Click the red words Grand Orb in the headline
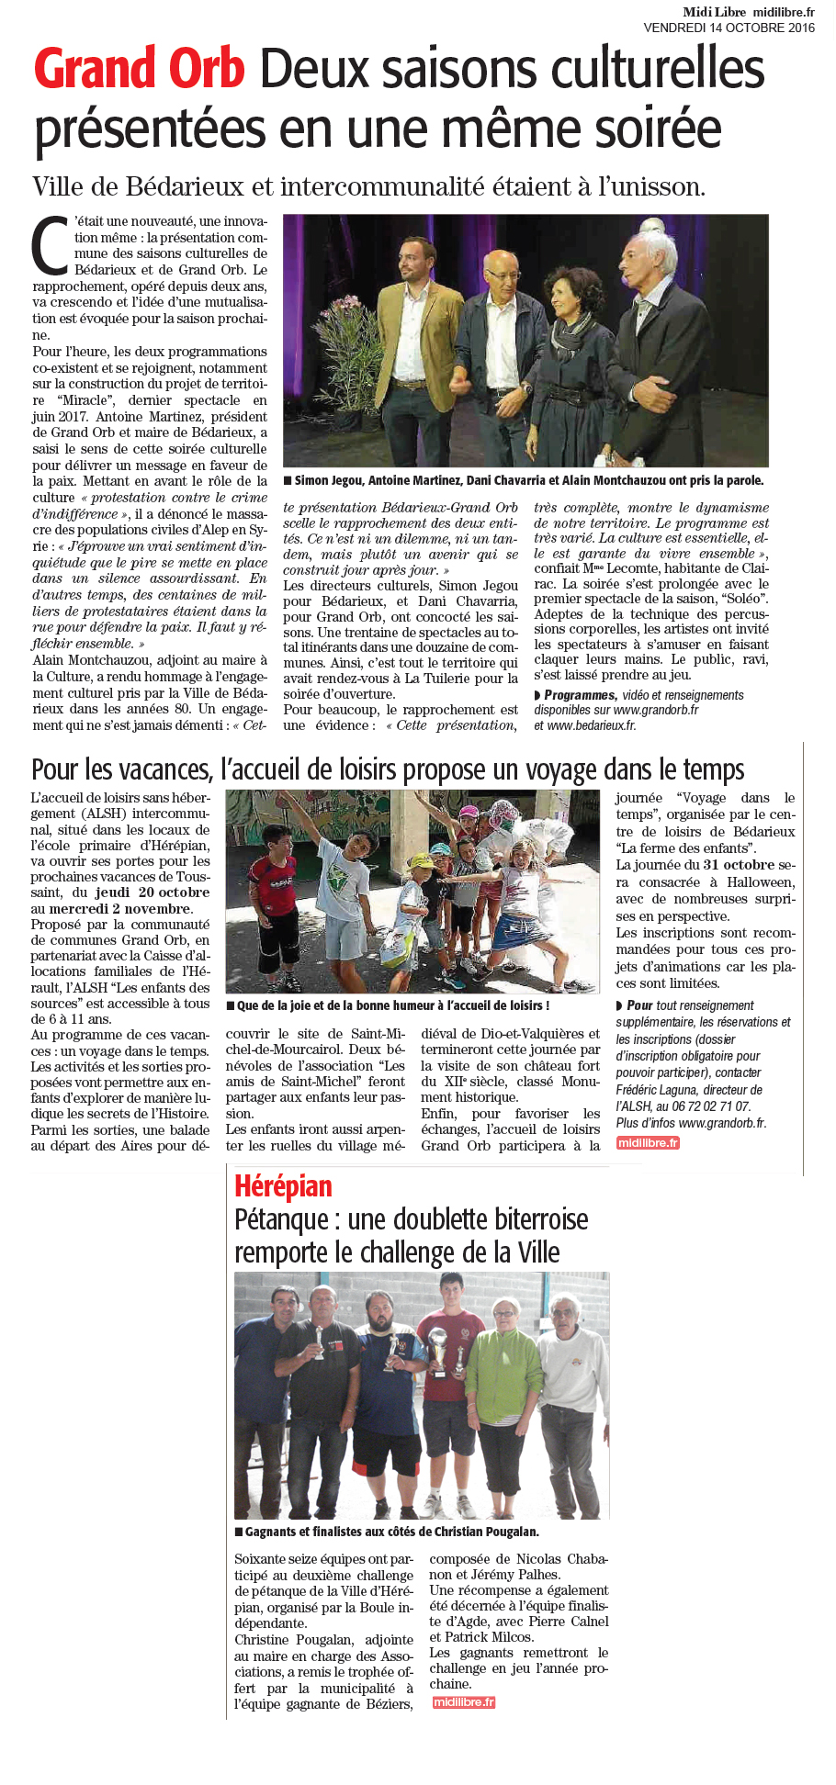pyautogui.click(x=140, y=70)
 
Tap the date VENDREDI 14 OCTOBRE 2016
pyautogui.click(x=729, y=28)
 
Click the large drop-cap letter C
pyautogui.click(x=51, y=246)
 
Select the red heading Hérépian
pyautogui.click(x=283, y=1186)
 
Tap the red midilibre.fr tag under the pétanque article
pyautogui.click(x=464, y=1701)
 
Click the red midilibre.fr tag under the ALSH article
pyautogui.click(x=648, y=1142)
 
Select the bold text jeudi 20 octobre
pyautogui.click(x=153, y=892)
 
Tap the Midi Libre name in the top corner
pyautogui.click(x=714, y=12)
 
